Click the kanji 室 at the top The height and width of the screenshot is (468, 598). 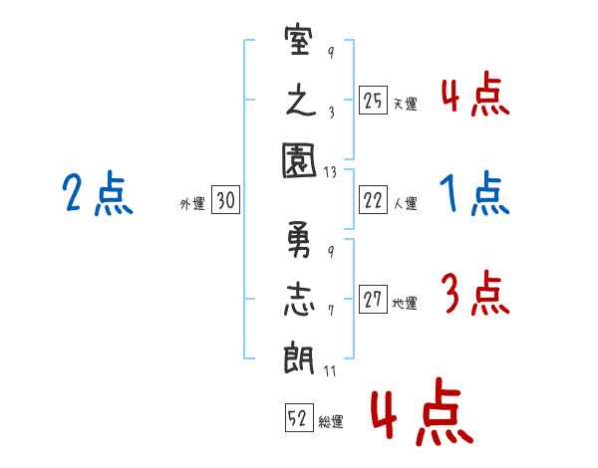(299, 40)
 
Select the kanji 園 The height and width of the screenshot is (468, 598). (299, 160)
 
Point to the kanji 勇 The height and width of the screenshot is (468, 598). (299, 239)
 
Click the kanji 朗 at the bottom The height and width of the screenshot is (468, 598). (299, 357)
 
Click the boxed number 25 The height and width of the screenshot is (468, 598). (373, 101)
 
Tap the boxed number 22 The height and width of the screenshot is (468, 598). (373, 200)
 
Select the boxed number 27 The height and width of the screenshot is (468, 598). (373, 299)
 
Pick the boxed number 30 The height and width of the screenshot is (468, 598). (225, 200)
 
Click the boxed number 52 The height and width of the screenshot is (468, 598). (299, 417)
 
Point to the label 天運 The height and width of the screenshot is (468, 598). (406, 104)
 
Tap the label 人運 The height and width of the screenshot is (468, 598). (406, 203)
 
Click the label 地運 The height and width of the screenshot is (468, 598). (405, 303)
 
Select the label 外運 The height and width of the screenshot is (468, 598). (192, 204)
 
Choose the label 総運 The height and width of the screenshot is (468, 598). (331, 421)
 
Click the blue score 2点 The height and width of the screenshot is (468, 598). (98, 193)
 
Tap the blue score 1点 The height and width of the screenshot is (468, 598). (474, 193)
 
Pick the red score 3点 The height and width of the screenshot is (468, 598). (475, 293)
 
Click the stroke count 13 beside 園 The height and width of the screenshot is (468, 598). (330, 172)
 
